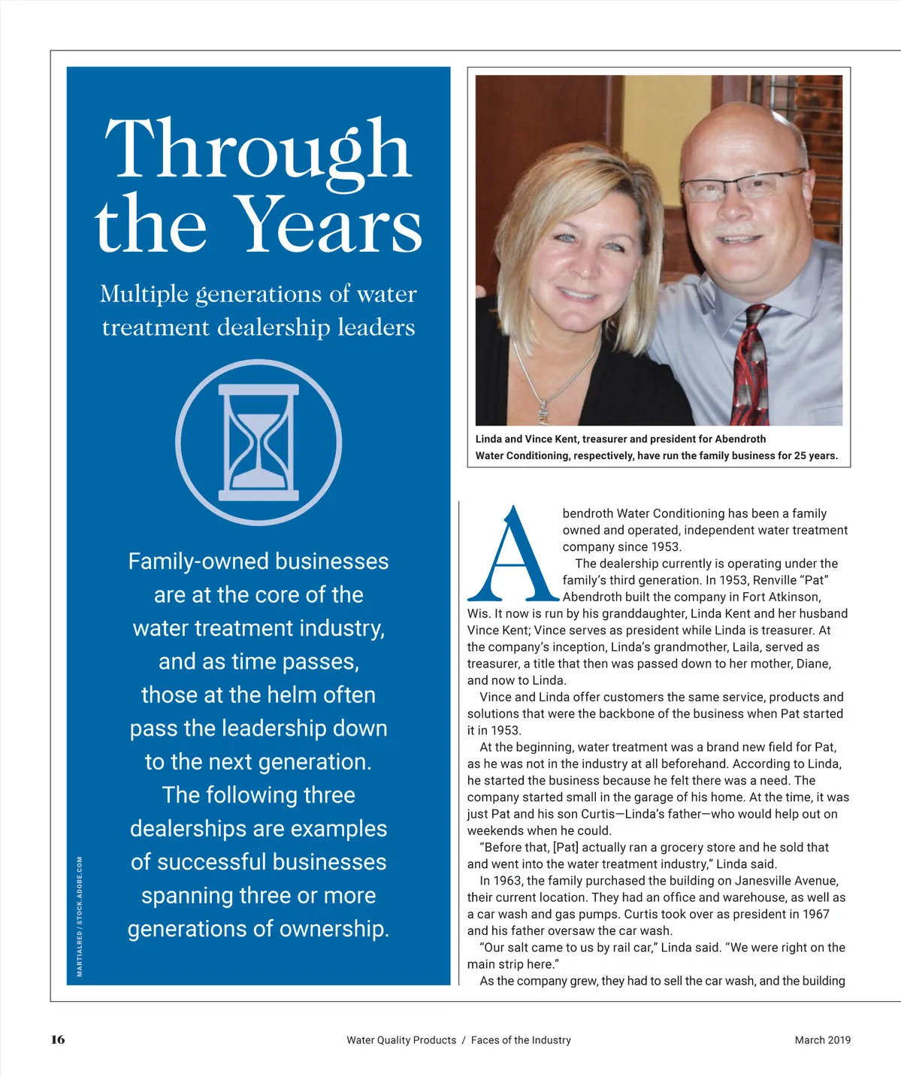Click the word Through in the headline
pos(259,149)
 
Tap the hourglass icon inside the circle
pos(259,443)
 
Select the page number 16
pos(58,1039)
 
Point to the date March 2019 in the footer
pos(822,1040)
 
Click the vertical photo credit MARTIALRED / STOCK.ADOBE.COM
pos(80,916)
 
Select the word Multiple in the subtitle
pos(144,294)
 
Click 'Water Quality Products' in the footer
pos(401,1040)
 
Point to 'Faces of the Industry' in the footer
pos(521,1040)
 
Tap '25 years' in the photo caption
pos(815,455)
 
